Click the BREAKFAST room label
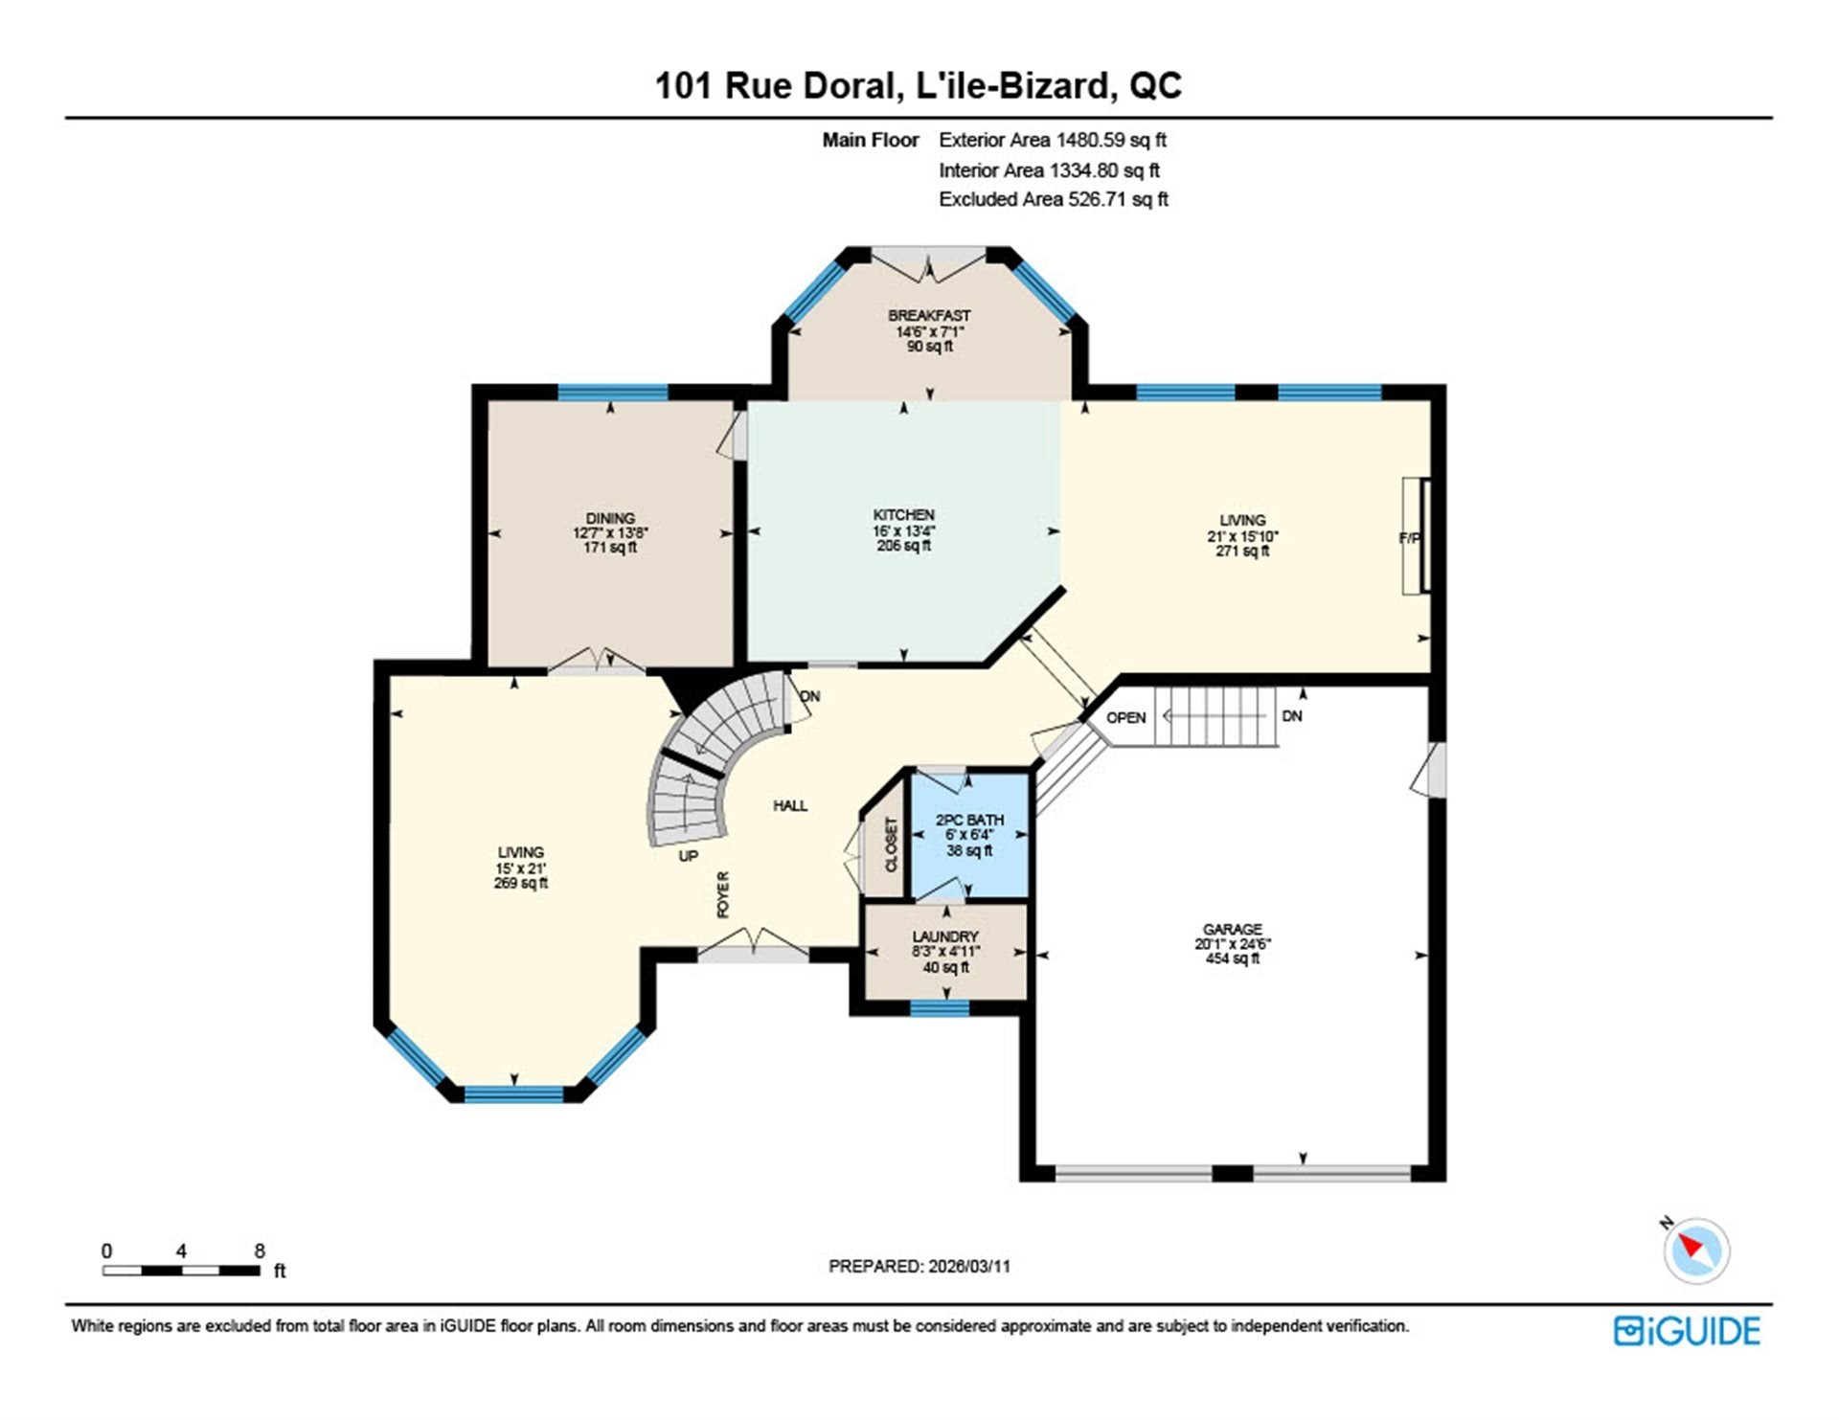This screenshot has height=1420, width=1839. point(929,315)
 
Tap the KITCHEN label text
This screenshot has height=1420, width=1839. point(903,515)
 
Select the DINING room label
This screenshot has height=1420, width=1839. point(610,518)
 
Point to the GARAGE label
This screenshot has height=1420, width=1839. point(1233,929)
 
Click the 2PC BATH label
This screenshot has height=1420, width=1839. point(969,820)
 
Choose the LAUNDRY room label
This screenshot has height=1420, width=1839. point(945,936)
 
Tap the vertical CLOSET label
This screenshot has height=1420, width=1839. point(892,845)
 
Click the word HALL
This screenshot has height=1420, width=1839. point(790,806)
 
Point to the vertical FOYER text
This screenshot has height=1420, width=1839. point(723,894)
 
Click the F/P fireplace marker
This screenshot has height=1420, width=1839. point(1409,538)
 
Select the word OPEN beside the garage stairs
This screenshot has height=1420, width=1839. point(1126,717)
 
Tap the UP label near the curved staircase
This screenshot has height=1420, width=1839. point(689,856)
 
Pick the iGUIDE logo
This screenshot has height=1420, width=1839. point(1687,1331)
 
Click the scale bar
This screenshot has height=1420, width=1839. point(182,1271)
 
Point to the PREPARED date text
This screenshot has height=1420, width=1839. point(919,1266)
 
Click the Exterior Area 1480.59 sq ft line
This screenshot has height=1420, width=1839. point(1053,140)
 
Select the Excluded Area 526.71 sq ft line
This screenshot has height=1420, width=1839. point(1054,199)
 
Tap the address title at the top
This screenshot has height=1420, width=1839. point(919,85)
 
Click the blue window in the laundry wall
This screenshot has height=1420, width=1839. point(940,1007)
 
